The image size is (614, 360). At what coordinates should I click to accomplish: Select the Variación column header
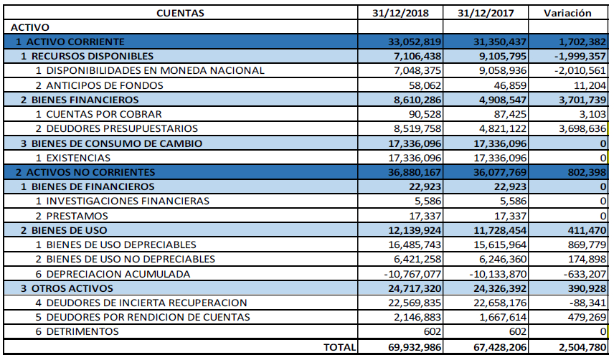point(567,13)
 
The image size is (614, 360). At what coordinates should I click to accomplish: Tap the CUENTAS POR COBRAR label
point(99,114)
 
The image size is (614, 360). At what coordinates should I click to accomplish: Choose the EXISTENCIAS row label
point(75,158)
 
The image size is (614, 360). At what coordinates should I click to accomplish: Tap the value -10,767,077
point(409,274)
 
